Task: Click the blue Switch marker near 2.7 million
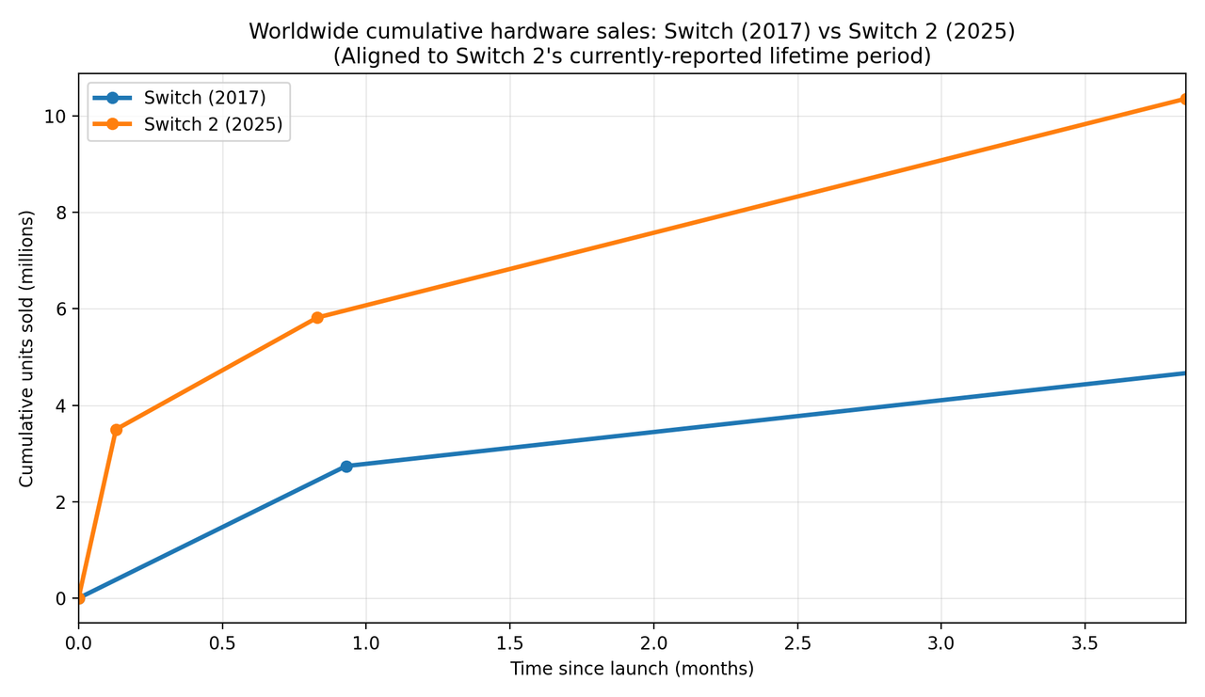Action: click(346, 467)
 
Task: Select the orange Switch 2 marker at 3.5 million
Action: click(116, 430)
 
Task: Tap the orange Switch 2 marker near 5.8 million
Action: click(317, 318)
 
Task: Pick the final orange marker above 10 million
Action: click(1183, 99)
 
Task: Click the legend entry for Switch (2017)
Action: click(204, 98)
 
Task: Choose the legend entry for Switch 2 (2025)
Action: click(213, 124)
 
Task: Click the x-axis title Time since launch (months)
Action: click(632, 669)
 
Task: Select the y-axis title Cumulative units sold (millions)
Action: click(26, 348)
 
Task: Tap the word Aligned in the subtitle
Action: click(375, 56)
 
